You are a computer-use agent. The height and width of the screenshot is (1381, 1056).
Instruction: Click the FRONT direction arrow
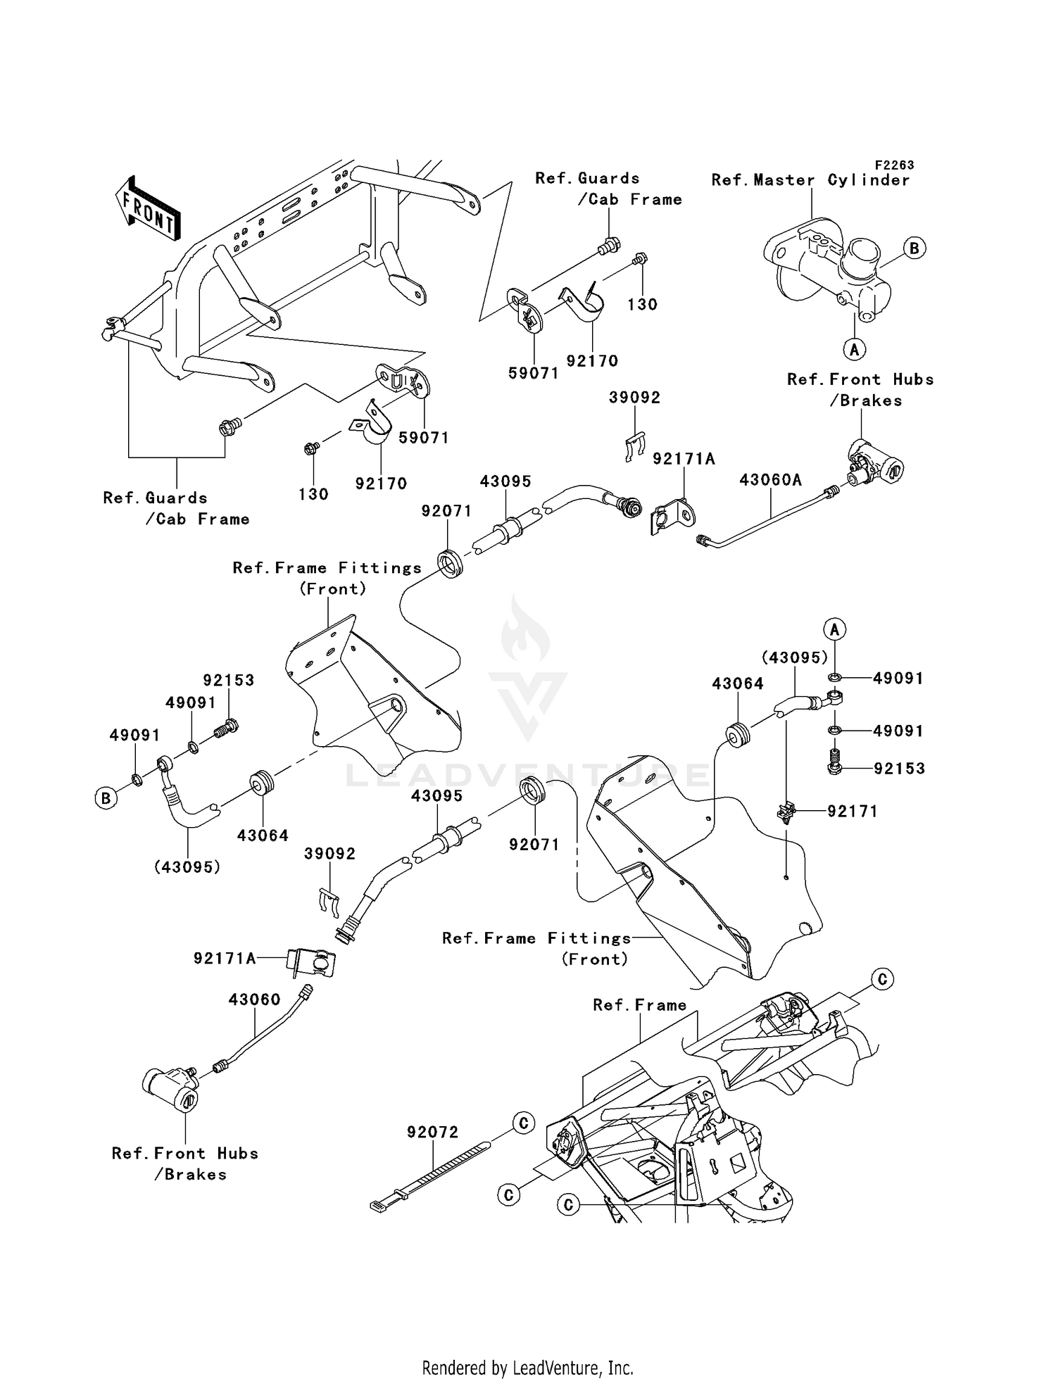(149, 209)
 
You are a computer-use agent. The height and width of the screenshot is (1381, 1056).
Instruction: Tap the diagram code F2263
(894, 165)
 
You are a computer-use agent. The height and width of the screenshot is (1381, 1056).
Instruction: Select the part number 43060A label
(770, 480)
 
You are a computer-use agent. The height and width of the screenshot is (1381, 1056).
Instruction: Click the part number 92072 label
(432, 1132)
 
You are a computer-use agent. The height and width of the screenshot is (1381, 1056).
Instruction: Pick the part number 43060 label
(254, 1000)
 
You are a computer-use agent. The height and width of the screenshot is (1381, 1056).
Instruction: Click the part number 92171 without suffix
(853, 812)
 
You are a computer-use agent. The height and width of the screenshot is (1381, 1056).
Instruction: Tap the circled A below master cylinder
(854, 348)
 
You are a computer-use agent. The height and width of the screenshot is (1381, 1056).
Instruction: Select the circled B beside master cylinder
(914, 248)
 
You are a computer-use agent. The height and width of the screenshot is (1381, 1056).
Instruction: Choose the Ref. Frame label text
(639, 1005)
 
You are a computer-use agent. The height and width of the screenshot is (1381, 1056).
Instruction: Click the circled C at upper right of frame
(882, 979)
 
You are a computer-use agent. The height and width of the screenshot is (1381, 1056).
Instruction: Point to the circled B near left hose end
(106, 798)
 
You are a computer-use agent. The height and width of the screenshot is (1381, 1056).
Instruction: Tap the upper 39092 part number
(634, 398)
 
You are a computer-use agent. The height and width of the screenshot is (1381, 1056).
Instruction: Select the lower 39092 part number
(329, 854)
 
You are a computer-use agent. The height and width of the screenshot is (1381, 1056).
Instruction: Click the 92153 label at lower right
(899, 769)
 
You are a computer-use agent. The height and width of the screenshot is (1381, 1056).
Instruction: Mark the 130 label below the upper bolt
(642, 305)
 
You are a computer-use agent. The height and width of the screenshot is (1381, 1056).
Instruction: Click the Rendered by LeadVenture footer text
(527, 1368)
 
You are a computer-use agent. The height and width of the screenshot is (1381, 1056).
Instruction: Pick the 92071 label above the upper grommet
(446, 511)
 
